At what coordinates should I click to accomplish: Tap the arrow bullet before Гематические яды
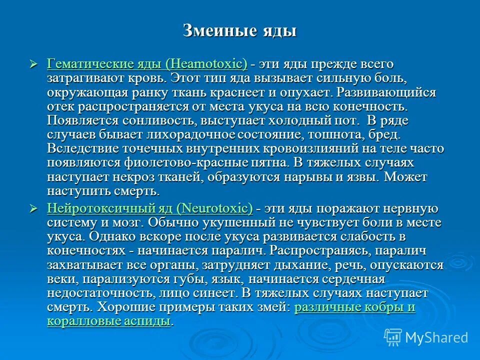pos(34,64)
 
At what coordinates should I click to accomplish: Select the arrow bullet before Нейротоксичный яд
pos(34,208)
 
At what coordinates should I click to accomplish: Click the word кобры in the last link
pos(383,306)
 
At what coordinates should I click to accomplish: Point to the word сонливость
pos(159,120)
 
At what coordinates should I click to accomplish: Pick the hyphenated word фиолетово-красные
pos(173,162)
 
